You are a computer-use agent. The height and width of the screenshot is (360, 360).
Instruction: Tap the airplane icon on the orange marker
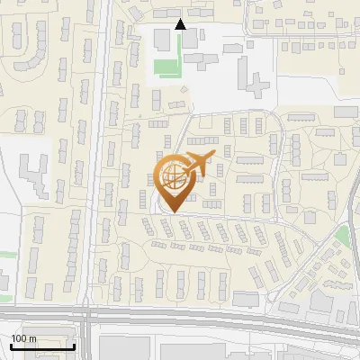pyautogui.click(x=199, y=164)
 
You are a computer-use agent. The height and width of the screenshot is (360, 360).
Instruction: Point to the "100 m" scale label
pyautogui.click(x=23, y=338)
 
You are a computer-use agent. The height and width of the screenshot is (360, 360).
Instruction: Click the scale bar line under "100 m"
pyautogui.click(x=42, y=346)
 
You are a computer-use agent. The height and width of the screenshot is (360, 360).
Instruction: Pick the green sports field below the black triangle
pyautogui.click(x=166, y=67)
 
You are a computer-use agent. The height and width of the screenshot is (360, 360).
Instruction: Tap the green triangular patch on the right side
pyautogui.click(x=342, y=237)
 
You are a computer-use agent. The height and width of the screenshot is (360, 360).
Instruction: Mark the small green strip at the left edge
pyautogui.click(x=4, y=255)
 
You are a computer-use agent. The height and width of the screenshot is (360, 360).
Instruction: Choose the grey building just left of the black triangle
pyautogui.click(x=161, y=40)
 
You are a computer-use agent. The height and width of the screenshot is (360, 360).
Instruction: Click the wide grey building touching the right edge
pyautogui.click(x=346, y=111)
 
